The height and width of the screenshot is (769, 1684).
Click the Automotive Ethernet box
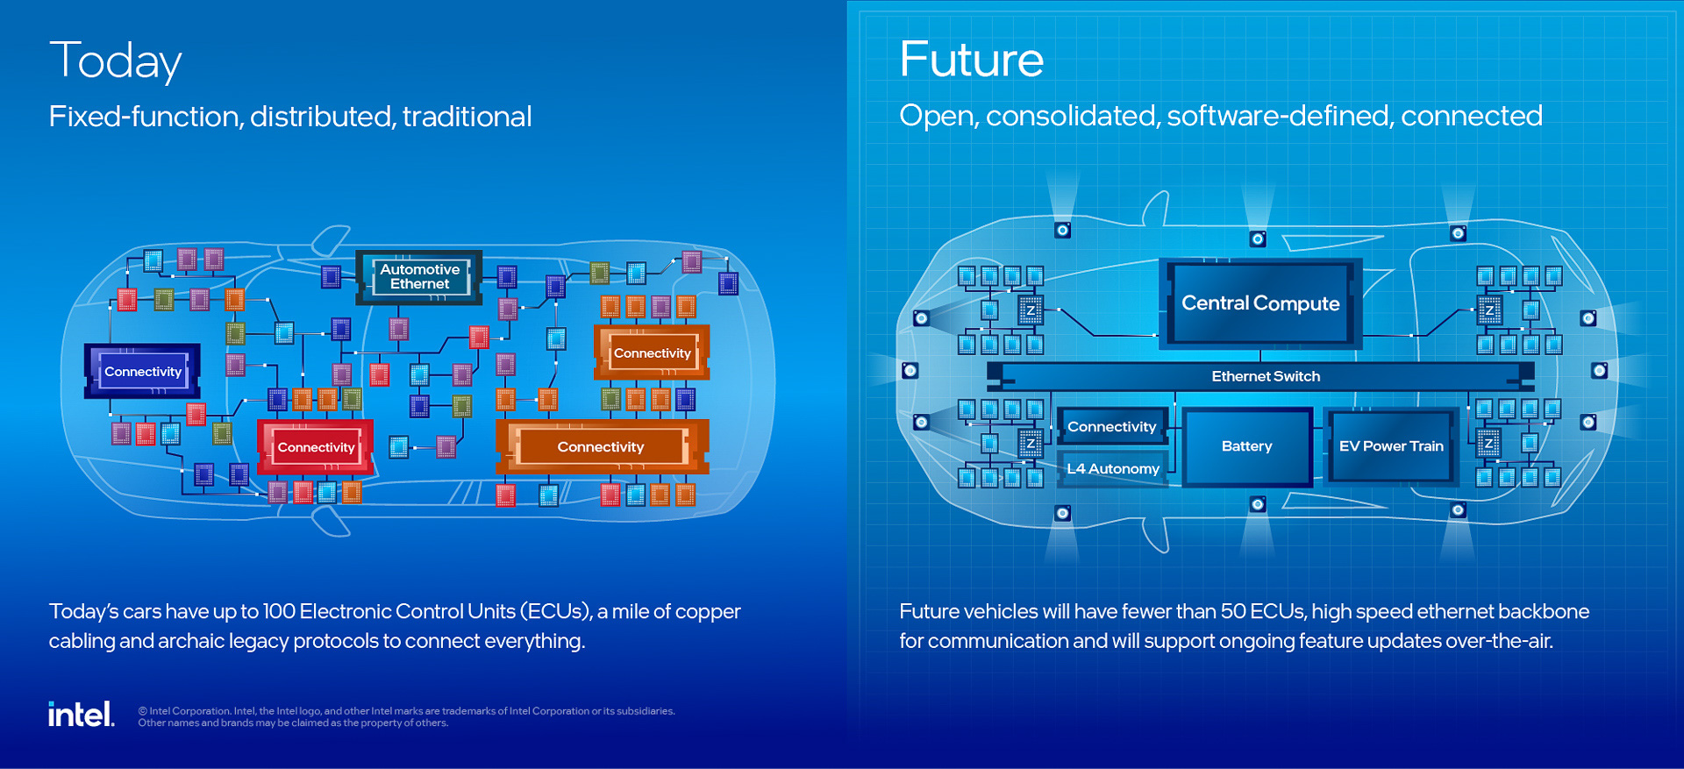(419, 277)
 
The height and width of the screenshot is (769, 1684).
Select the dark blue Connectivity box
(142, 371)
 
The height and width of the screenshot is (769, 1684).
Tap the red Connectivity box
(316, 447)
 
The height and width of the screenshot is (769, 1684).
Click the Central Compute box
(1259, 303)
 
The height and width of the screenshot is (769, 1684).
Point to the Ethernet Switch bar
(1265, 376)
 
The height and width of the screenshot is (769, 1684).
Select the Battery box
(1246, 446)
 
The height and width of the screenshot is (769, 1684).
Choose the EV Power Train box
(1390, 446)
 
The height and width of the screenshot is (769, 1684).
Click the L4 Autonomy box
(1112, 469)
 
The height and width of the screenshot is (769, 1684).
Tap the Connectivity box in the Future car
(1111, 427)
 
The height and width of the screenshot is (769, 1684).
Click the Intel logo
(81, 715)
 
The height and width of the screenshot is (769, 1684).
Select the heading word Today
(115, 61)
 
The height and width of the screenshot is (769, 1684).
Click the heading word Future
(971, 60)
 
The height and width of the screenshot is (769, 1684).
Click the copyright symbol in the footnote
(142, 711)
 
